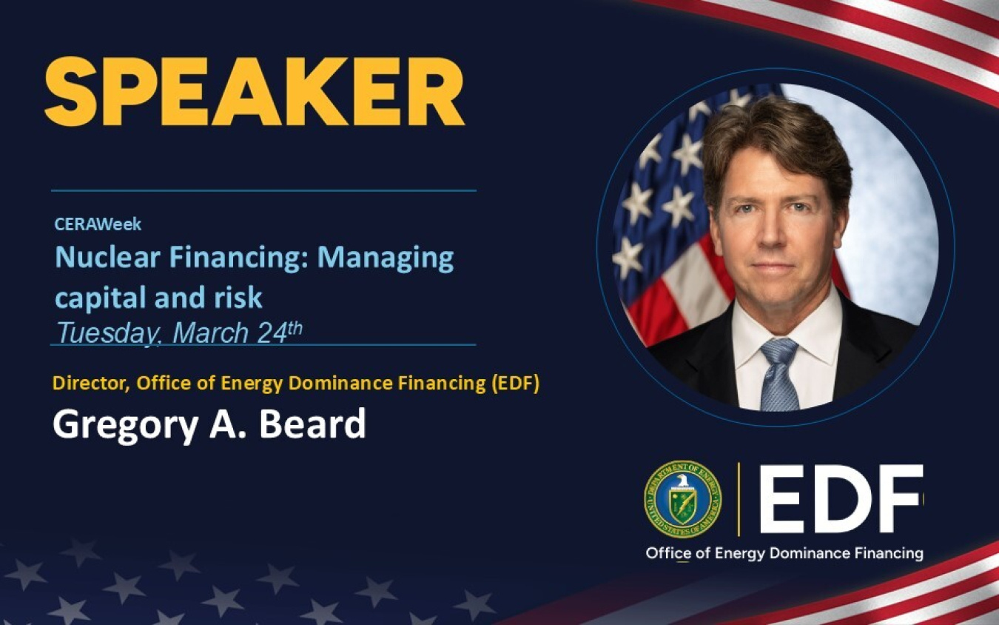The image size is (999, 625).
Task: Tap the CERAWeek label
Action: pos(98,224)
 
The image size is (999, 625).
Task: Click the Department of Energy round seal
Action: pos(682,498)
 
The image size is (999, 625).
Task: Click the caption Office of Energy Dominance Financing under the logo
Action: pos(784,553)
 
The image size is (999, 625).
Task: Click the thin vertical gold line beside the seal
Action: pos(739,498)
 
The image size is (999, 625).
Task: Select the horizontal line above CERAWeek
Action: pos(263,191)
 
